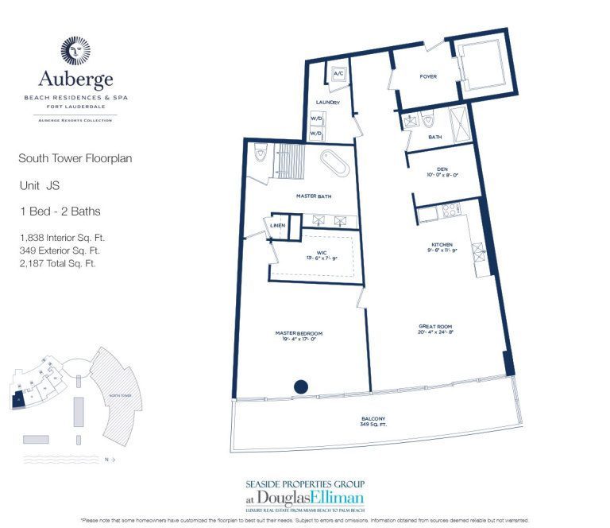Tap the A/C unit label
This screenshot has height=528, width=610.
[337, 74]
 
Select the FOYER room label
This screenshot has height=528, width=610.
[429, 77]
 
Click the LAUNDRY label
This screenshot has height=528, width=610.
[327, 103]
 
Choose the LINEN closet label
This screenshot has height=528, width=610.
[277, 225]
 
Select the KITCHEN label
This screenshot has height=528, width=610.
[442, 245]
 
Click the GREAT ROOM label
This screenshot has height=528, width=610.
[435, 328]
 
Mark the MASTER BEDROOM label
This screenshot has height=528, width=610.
[296, 334]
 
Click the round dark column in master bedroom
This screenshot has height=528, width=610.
[301, 387]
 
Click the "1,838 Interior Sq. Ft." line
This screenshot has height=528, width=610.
[63, 237]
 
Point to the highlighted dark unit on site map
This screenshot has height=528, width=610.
[17, 399]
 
